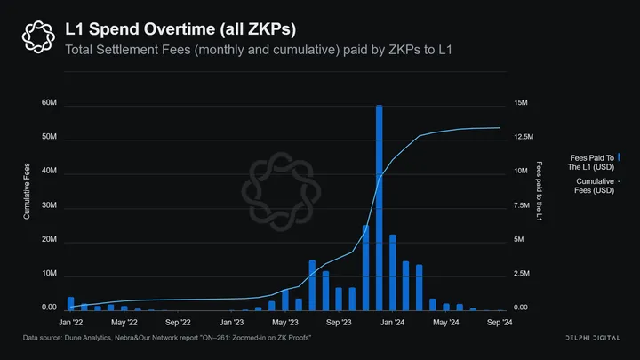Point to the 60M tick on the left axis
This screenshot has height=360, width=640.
pos(49,104)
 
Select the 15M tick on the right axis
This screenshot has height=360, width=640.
pos(521,104)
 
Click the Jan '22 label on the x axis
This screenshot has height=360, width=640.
pos(71,323)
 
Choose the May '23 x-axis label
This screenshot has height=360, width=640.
pos(285,323)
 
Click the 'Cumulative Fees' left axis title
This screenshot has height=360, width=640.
pos(27,190)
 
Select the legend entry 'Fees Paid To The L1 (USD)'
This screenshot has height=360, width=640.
pos(591,161)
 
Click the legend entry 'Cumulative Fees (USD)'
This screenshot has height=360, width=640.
pos(594,185)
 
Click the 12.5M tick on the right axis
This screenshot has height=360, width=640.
pos(524,138)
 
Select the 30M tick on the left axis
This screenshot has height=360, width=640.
pos(49,206)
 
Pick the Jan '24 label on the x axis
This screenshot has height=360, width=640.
pos(393,323)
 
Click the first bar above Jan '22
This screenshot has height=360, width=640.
pos(71,303)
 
